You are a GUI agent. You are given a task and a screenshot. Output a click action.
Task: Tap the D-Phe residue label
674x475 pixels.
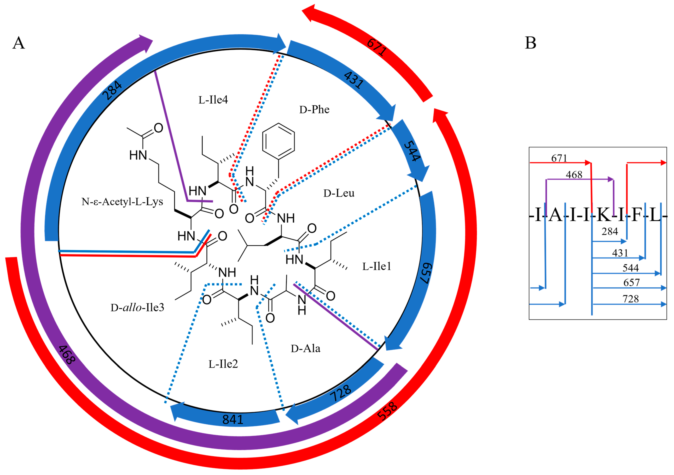coord(314,110)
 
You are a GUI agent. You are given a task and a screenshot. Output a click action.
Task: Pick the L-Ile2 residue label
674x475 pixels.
coord(223,364)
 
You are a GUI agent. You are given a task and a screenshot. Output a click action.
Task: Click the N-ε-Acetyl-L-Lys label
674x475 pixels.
coord(122,202)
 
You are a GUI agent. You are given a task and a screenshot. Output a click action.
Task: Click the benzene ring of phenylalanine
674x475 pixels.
coord(278,141)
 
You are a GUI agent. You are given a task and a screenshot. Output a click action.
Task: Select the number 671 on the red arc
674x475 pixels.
coord(377,47)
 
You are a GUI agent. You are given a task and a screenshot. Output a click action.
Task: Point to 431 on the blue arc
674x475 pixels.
coord(354,80)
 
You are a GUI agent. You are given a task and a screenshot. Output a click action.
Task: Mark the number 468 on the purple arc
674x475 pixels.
coord(67,355)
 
